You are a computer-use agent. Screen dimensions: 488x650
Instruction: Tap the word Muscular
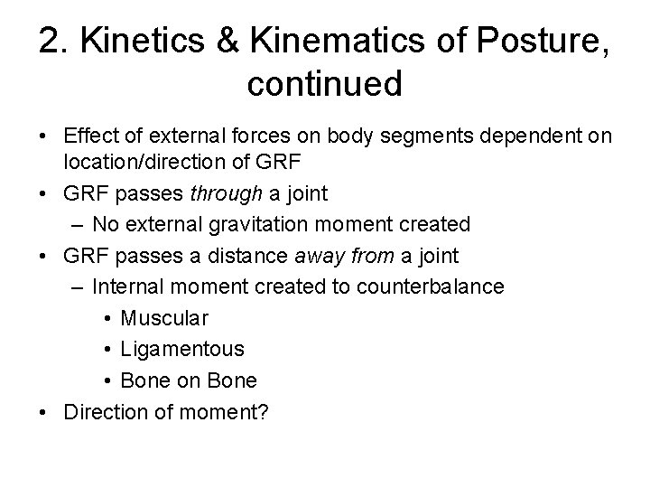click(x=164, y=318)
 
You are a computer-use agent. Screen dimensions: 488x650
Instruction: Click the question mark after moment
click(x=265, y=411)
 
